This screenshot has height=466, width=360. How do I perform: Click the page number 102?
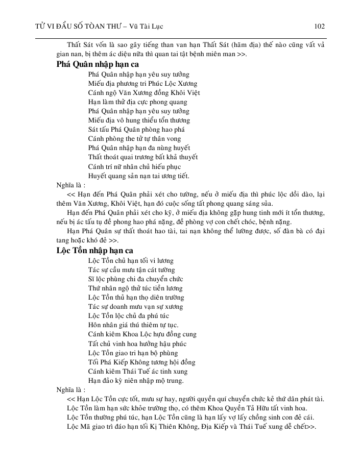[320, 26]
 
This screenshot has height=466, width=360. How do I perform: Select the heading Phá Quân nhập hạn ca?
[97, 65]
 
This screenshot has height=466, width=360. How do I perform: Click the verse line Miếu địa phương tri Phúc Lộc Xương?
[143, 83]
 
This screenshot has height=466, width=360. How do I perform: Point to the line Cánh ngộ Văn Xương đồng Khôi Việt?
[143, 92]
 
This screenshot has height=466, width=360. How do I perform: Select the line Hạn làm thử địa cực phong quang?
[138, 102]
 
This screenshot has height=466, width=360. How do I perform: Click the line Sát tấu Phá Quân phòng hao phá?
[136, 130]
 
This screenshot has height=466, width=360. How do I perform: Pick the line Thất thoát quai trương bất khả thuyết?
[142, 157]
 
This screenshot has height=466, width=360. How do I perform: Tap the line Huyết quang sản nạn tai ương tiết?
[138, 176]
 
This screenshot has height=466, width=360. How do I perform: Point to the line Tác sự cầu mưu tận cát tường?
[131, 269]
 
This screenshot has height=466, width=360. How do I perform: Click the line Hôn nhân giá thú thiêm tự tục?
[133, 325]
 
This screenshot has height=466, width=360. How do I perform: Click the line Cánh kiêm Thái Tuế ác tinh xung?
[134, 371]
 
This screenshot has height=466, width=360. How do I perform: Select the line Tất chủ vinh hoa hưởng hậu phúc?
[137, 344]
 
